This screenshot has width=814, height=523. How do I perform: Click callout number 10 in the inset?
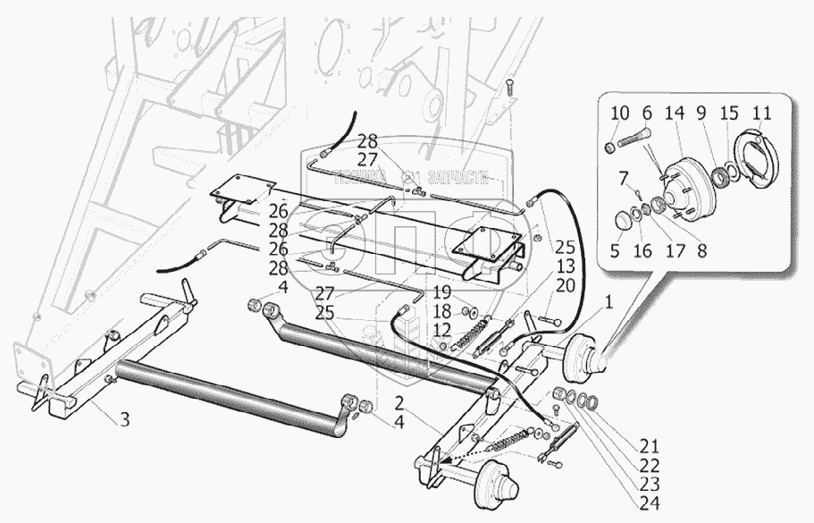[x=619, y=114]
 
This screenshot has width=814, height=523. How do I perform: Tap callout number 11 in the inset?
[x=761, y=114]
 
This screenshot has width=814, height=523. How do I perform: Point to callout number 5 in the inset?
[x=616, y=252]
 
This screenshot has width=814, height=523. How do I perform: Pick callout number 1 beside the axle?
[x=608, y=304]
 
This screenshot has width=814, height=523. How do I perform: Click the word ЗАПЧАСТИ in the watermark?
[x=458, y=178]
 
